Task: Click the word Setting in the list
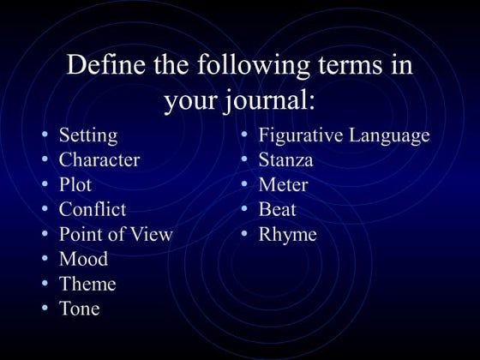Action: [88, 135]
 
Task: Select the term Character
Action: [99, 159]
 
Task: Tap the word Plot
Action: [75, 184]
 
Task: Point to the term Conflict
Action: [92, 209]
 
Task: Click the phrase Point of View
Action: [116, 234]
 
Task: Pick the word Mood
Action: [83, 259]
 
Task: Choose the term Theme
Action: [87, 284]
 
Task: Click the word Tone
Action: [79, 309]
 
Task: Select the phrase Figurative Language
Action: [344, 135]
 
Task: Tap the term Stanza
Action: [285, 159]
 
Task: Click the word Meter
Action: [283, 184]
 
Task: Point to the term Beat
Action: [277, 209]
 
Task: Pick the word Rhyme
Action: [287, 234]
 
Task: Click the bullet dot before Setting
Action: [45, 135]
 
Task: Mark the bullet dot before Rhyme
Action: [244, 234]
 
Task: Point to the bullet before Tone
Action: [45, 309]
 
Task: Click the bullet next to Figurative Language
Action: [244, 135]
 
